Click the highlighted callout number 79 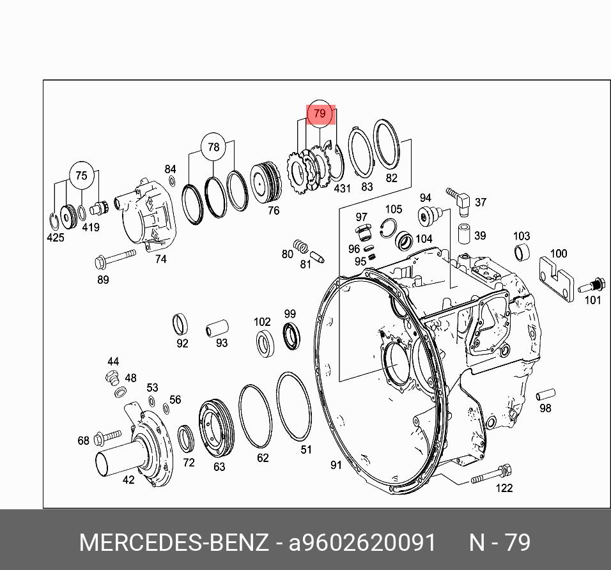[x=320, y=114]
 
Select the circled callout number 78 [x=213, y=147]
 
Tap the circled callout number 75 [x=81, y=176]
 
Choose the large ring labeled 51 [x=293, y=406]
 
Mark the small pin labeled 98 [x=545, y=394]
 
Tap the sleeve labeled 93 [x=216, y=329]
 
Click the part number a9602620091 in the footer [x=362, y=543]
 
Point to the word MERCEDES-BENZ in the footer [x=174, y=543]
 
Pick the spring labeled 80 [x=300, y=245]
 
